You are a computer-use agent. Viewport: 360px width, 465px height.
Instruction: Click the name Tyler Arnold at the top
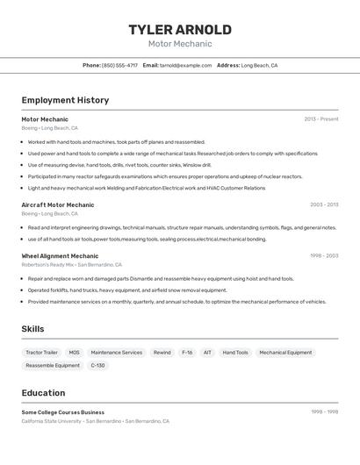[x=180, y=29]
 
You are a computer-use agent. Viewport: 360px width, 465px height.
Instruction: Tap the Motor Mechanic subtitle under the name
[x=180, y=44]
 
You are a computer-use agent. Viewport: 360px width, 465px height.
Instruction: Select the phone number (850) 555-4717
[x=119, y=65]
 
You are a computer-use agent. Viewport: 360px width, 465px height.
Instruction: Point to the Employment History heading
[x=65, y=100]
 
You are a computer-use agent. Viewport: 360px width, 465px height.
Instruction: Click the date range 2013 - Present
[x=320, y=118]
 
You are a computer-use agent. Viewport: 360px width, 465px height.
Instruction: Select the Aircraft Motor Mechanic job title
[x=58, y=204]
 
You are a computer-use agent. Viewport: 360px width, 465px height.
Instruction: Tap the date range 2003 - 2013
[x=323, y=204]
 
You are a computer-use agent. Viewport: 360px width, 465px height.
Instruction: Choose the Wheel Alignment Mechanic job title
[x=60, y=255]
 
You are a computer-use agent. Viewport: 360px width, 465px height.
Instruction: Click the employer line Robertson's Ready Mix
[x=71, y=264]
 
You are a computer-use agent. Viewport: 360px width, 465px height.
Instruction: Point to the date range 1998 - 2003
[x=323, y=255]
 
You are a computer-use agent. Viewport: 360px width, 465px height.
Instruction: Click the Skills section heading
[x=33, y=329]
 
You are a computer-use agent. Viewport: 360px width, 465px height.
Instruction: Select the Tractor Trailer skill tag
[x=41, y=352]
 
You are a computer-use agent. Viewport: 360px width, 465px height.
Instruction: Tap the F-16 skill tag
[x=186, y=352]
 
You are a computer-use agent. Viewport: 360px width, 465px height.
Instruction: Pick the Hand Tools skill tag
[x=235, y=352]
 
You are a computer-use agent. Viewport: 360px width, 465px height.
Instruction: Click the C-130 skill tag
[x=97, y=365]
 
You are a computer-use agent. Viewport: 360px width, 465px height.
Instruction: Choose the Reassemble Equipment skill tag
[x=53, y=365]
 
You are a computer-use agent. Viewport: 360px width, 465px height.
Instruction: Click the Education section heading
[x=43, y=393]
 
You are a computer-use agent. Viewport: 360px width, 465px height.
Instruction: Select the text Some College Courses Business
[x=63, y=411]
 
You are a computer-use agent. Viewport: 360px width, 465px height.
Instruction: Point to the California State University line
[x=95, y=421]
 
